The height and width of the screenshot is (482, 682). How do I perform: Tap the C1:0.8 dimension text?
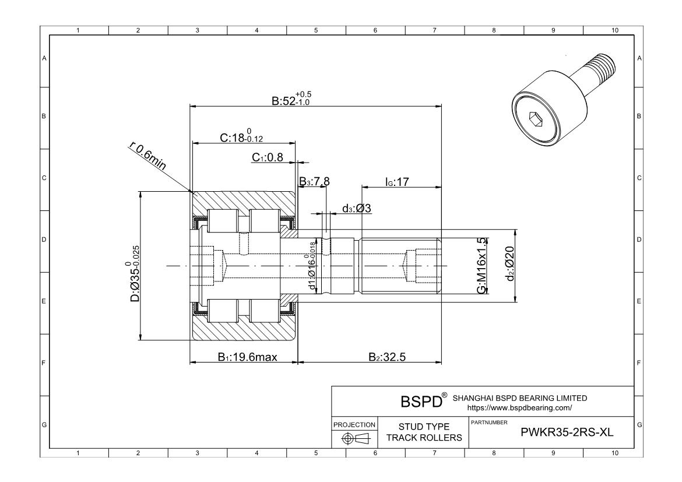[268, 157]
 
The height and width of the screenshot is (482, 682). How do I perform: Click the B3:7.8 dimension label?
[314, 181]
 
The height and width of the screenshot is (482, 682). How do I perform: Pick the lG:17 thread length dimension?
[397, 182]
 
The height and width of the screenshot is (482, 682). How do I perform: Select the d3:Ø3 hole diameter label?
[357, 208]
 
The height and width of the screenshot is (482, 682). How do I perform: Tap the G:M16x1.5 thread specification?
[481, 266]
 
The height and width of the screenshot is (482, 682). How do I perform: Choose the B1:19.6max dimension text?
[247, 357]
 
